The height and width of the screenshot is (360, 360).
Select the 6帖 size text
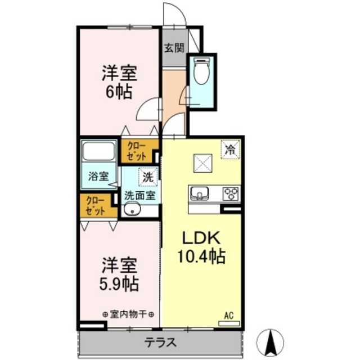(119, 91)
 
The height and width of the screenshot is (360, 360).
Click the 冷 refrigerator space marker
(231, 149)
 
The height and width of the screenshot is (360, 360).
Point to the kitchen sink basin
(199, 193)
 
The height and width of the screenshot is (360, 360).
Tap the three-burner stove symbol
(231, 193)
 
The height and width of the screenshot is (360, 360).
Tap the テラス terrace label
(161, 342)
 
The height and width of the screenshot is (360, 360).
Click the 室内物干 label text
(129, 314)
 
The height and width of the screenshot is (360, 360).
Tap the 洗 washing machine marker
(147, 176)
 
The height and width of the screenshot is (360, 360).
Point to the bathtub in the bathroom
(98, 152)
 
